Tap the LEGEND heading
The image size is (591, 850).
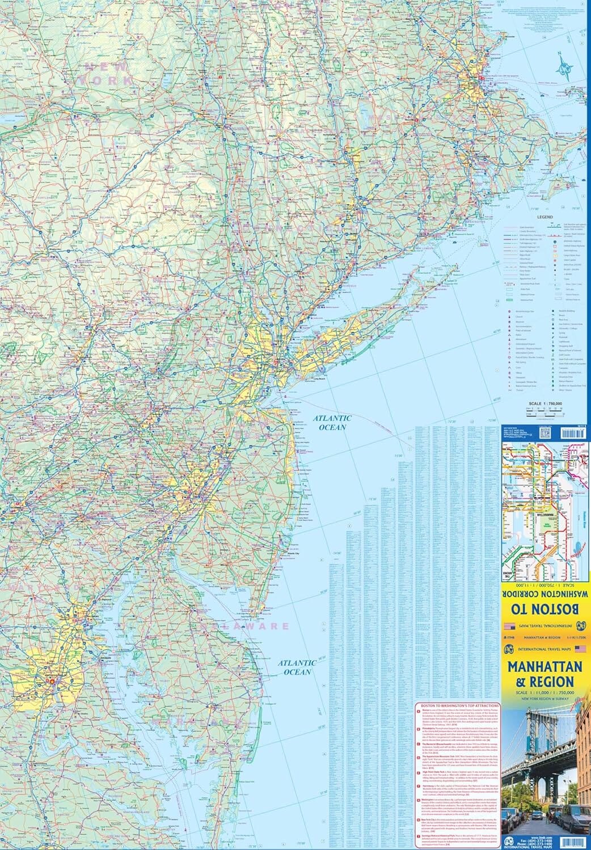pos(544,217)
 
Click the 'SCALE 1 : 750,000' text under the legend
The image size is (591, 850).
pos(544,403)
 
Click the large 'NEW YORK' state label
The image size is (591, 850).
pos(108,74)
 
